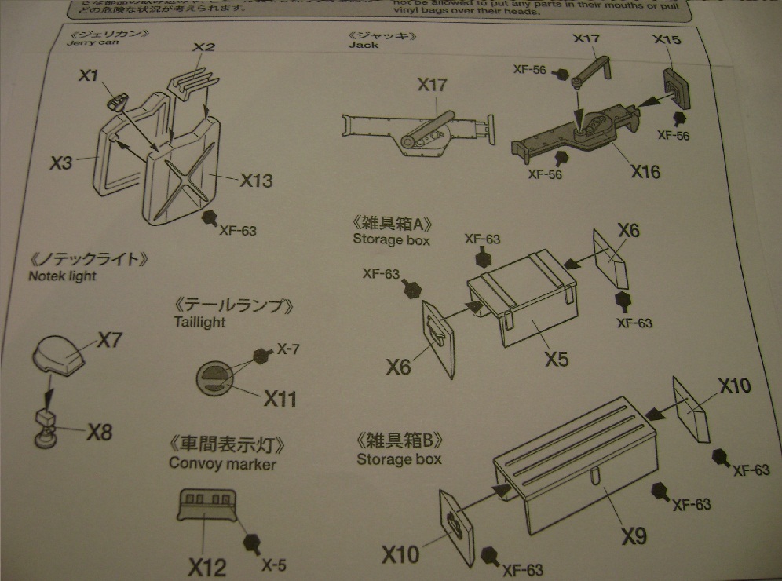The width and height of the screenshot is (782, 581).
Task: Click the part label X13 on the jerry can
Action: tap(256, 180)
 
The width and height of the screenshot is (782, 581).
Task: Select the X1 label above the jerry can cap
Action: tap(88, 76)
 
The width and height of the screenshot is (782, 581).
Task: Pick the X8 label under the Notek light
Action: tap(100, 432)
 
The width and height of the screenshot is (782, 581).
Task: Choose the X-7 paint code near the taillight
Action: tap(287, 349)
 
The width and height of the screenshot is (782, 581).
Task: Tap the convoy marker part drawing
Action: tap(206, 503)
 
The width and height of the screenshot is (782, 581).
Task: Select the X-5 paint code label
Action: tap(273, 565)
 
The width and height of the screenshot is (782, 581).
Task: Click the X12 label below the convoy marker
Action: tap(207, 566)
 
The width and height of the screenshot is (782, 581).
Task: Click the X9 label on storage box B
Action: tap(634, 536)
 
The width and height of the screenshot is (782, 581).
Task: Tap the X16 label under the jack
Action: tap(644, 171)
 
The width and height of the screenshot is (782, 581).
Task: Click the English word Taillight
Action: tap(199, 322)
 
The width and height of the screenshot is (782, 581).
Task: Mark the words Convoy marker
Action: tap(222, 463)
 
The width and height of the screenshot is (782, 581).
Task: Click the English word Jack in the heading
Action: tap(364, 46)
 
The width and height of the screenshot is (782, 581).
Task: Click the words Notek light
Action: tap(64, 276)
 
